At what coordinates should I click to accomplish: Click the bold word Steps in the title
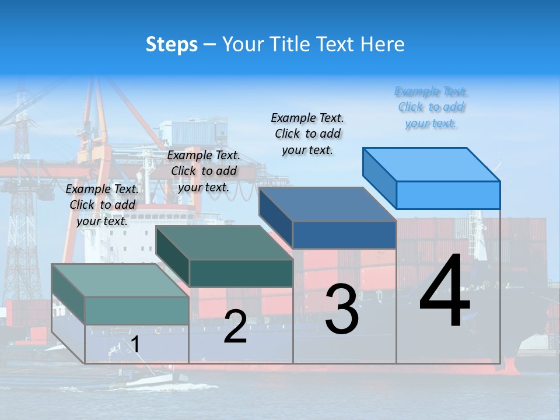click(x=171, y=44)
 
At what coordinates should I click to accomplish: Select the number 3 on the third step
click(x=342, y=309)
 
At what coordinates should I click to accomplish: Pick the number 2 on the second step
click(x=235, y=327)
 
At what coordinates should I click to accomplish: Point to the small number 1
click(x=135, y=344)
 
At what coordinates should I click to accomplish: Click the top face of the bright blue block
click(x=432, y=164)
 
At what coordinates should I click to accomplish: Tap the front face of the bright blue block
click(x=448, y=195)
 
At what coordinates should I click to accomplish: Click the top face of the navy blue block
click(x=327, y=204)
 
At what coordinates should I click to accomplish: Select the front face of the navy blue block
click(x=344, y=235)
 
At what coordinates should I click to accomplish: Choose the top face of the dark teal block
click(x=225, y=243)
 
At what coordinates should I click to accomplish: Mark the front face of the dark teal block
click(x=241, y=273)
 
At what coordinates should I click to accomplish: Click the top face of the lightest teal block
click(x=120, y=281)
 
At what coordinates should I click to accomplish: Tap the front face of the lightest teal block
click(x=136, y=310)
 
